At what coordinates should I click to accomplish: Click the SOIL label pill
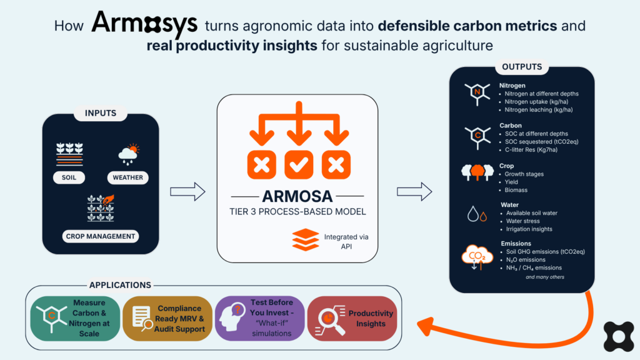[x=69, y=177]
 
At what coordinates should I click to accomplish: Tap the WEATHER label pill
[x=127, y=177]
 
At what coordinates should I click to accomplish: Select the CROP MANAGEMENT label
[x=101, y=236]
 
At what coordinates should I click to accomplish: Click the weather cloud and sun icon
[x=129, y=154]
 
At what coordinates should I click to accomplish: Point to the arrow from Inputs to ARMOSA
[x=187, y=191]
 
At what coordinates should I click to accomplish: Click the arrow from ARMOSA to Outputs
[x=414, y=191]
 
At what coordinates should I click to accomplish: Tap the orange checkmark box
[x=299, y=165]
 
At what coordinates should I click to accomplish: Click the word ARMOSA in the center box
[x=297, y=196]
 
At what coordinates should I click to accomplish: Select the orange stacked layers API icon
[x=305, y=239]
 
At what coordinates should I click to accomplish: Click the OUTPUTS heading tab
[x=522, y=66]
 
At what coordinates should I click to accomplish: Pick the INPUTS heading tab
[x=101, y=113]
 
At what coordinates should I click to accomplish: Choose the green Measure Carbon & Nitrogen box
[x=75, y=318]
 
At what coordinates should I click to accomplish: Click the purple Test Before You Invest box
[x=259, y=318]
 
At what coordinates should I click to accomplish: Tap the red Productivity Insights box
[x=352, y=318]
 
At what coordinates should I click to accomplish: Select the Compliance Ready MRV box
[x=167, y=318]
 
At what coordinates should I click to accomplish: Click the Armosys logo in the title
[x=144, y=24]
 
